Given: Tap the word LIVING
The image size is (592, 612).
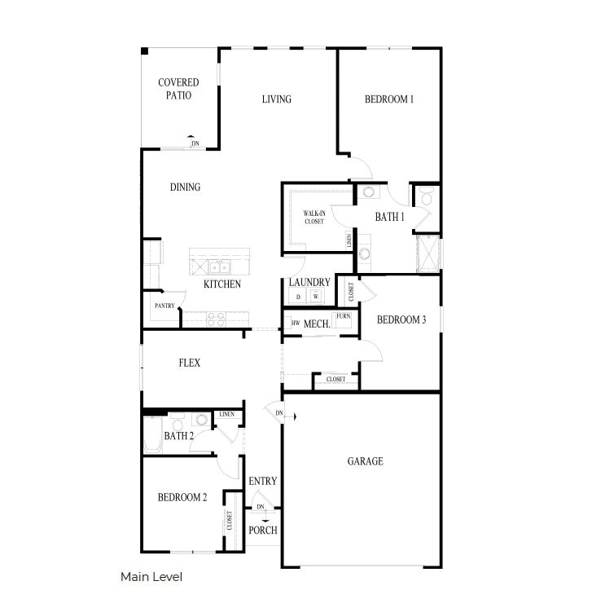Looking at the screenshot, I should [x=276, y=99].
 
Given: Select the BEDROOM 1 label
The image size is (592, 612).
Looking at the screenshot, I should [x=388, y=99].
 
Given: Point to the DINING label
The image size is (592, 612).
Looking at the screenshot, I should [x=185, y=187].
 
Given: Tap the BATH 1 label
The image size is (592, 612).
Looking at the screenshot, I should [x=388, y=217].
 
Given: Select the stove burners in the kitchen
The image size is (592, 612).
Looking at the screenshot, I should [x=216, y=319].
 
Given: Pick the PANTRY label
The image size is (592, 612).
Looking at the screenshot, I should [x=164, y=306].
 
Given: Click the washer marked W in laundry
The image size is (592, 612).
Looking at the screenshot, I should [x=316, y=297].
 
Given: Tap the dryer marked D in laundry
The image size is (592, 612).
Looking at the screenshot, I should [x=299, y=297].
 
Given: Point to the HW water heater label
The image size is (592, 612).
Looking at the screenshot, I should [x=296, y=324].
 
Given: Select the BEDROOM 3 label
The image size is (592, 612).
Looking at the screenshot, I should [x=401, y=320].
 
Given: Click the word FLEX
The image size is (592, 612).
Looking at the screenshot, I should [x=190, y=363].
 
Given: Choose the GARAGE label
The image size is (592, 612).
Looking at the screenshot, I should [x=365, y=461].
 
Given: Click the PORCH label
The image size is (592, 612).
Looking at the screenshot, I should [x=263, y=531].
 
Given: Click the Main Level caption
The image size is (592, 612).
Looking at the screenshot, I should [x=151, y=577].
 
